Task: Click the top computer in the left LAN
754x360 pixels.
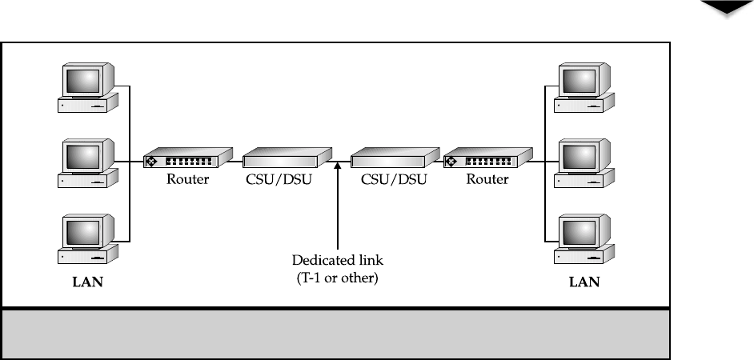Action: click(x=88, y=87)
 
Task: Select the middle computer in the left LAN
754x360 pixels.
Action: click(x=88, y=163)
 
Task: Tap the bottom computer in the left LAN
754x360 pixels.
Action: click(x=88, y=239)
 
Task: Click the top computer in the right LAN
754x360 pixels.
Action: click(x=584, y=87)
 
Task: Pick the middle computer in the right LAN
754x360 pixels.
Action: click(x=584, y=163)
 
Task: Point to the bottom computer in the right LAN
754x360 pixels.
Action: click(x=584, y=239)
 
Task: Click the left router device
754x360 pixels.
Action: click(x=188, y=158)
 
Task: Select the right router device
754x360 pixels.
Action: click(x=488, y=158)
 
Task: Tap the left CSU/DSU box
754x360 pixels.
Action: click(x=287, y=158)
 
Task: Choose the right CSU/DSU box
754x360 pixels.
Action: click(x=395, y=158)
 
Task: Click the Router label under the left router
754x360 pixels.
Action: click(x=187, y=179)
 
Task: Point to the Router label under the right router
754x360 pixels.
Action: click(x=487, y=179)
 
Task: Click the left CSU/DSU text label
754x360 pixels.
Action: click(x=279, y=180)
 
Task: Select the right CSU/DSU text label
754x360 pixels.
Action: click(x=394, y=180)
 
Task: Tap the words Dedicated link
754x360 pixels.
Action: click(x=338, y=260)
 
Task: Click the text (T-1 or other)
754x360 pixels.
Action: click(x=338, y=278)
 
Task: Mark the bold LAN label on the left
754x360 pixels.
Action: click(x=87, y=282)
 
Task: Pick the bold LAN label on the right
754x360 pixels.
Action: click(x=584, y=282)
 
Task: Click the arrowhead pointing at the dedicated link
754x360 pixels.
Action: click(x=338, y=166)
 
